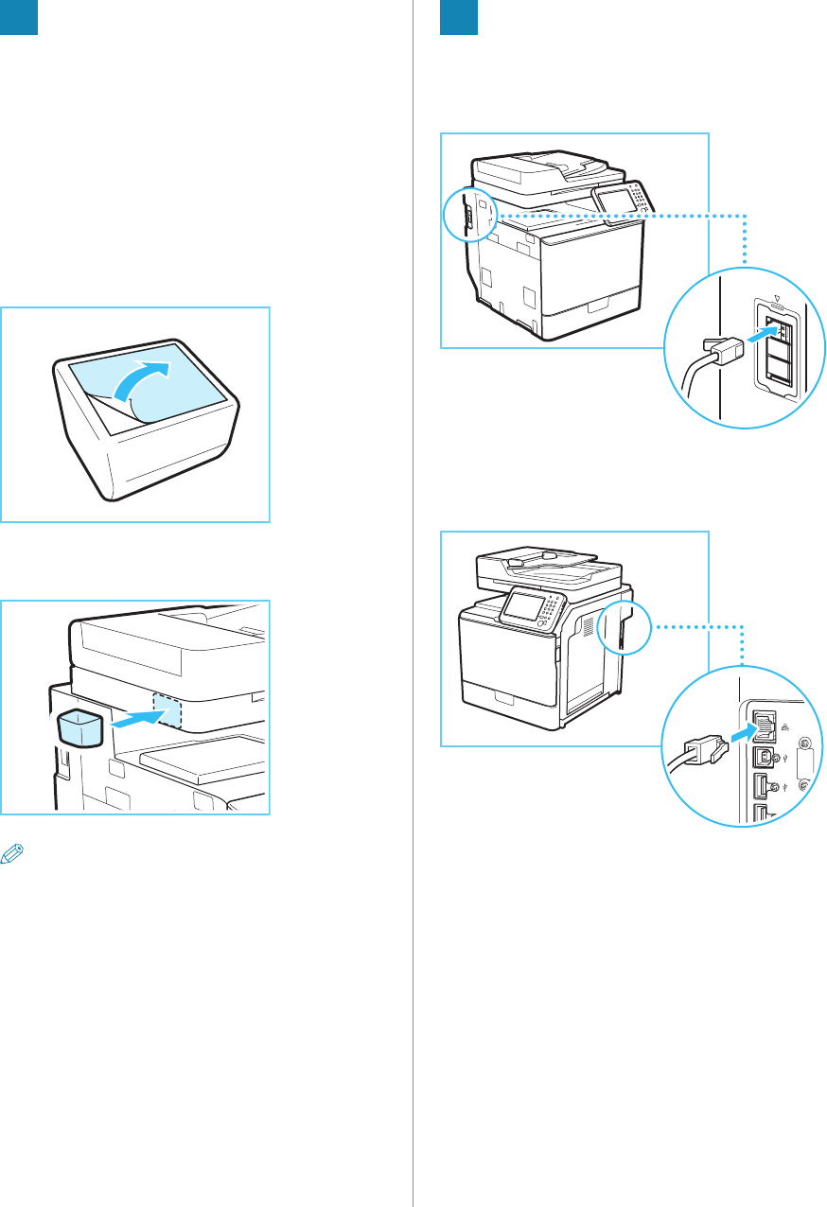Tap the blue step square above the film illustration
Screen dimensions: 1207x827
click(19, 17)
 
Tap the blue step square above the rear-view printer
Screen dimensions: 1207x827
click(459, 17)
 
